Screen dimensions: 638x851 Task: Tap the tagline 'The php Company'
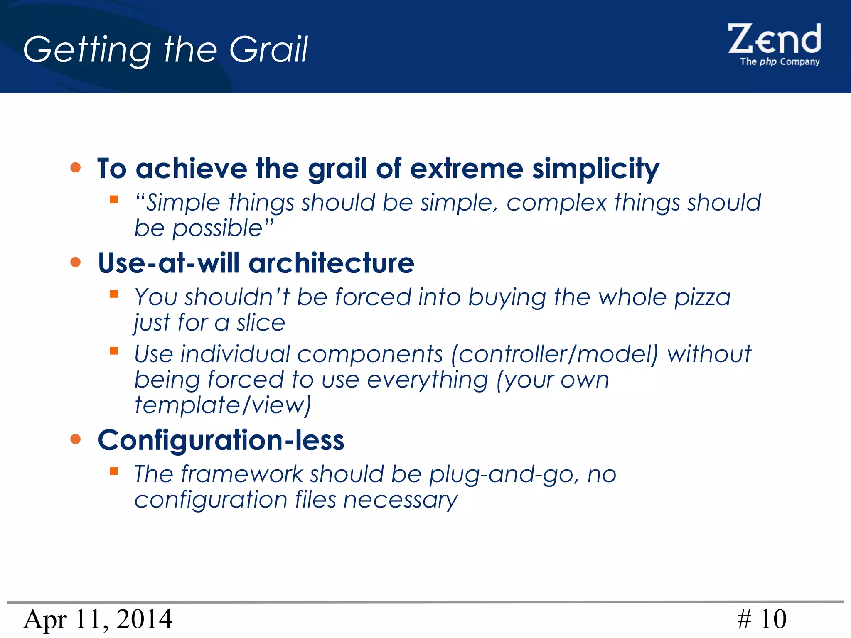(780, 62)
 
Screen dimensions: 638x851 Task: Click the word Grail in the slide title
(268, 49)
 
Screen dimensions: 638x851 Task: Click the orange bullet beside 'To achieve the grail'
(75, 167)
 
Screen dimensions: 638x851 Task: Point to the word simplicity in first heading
(595, 169)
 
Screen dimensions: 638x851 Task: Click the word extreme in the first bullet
(466, 169)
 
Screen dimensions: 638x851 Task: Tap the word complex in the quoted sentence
(556, 203)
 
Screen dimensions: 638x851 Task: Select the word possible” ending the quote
(223, 228)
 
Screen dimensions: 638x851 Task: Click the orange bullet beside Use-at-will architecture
(75, 262)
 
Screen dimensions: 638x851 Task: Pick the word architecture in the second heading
(331, 263)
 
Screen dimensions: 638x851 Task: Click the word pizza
(702, 297)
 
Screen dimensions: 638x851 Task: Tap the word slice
(261, 323)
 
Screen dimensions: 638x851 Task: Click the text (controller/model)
(555, 354)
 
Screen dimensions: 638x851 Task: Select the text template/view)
(223, 405)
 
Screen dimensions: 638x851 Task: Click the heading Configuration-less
(221, 440)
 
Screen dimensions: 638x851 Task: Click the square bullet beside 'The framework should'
(114, 471)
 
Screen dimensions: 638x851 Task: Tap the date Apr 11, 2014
(98, 619)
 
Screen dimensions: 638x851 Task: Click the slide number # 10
(762, 619)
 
